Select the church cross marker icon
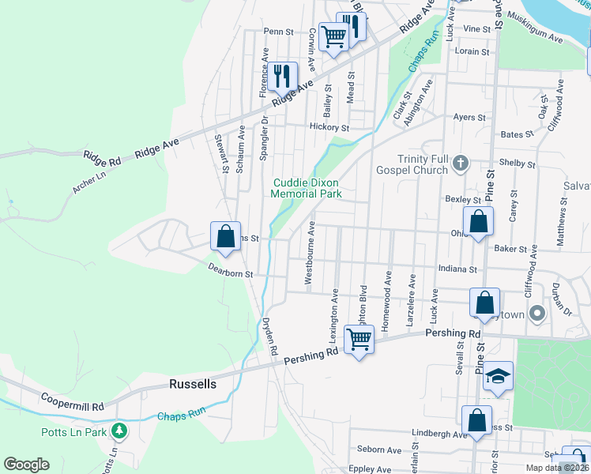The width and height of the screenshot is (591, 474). pos(462,164)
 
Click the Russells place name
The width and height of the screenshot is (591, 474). pos(193,385)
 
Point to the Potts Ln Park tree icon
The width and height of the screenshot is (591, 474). pos(119,431)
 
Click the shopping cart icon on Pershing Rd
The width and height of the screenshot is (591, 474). pos(359,340)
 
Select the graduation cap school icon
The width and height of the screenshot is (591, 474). pos(499,376)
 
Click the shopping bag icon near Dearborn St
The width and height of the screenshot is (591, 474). pos(226,235)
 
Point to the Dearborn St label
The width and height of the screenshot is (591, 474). pos(230,273)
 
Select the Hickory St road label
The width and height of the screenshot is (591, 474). pos(329,127)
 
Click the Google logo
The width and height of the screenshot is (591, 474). pos(26,465)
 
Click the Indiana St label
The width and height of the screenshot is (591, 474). pos(461,269)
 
